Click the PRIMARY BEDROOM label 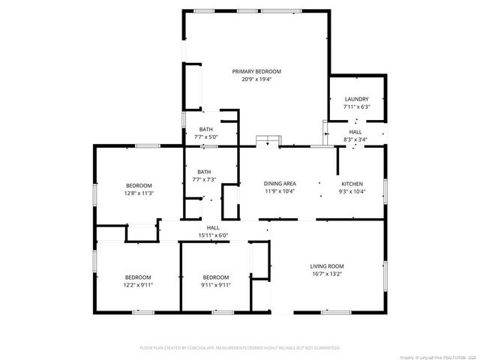256,71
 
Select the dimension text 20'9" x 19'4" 256,79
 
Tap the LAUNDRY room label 356,99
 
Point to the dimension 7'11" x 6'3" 356,106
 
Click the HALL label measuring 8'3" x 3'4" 355,132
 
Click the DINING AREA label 280,184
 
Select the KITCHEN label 352,184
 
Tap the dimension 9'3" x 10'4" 352,191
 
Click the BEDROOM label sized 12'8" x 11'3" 139,185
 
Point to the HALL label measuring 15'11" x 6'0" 213,228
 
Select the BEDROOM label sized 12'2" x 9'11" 138,277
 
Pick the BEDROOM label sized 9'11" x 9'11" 216,277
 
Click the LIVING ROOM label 327,265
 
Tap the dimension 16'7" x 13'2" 327,273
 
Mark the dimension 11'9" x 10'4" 280,191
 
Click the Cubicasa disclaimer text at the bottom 240,348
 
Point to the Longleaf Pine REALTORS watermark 438,356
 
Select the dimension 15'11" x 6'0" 213,235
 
